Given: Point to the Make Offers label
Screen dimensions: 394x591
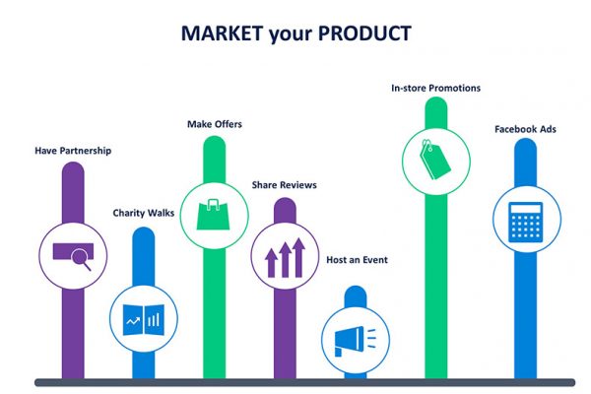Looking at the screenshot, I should pyautogui.click(x=215, y=124).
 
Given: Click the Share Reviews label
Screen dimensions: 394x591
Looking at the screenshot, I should pyautogui.click(x=284, y=184).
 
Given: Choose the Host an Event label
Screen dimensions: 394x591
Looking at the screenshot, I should pyautogui.click(x=357, y=260).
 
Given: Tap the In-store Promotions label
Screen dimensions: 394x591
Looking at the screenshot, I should pyautogui.click(x=435, y=88).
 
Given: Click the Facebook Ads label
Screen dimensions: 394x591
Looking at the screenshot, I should pyautogui.click(x=525, y=129).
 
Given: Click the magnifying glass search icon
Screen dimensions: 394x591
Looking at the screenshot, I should pyautogui.click(x=74, y=254).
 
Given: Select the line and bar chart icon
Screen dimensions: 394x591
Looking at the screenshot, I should pyautogui.click(x=144, y=318).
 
